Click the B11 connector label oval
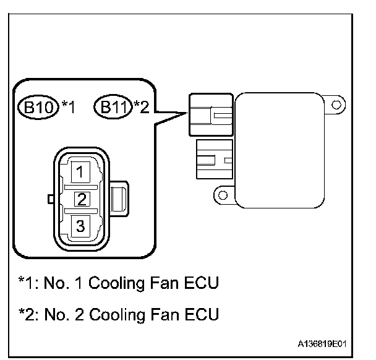click(112, 107)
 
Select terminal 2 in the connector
click(80, 198)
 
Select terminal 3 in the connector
click(80, 226)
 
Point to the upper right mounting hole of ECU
click(335, 105)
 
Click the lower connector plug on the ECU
click(213, 160)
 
